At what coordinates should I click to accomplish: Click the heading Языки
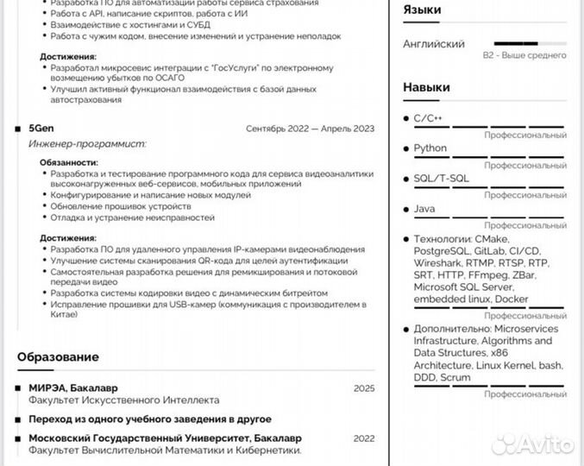[x=422, y=9]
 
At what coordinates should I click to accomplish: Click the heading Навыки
[x=426, y=87]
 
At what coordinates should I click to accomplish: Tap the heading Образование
[x=58, y=357]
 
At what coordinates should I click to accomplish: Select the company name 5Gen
[x=41, y=129]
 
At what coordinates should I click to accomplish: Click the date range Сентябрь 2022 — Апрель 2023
[x=311, y=129]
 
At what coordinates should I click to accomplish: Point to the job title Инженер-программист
[x=87, y=144]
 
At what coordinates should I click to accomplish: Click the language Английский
[x=434, y=44]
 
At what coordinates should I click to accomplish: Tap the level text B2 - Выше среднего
[x=524, y=55]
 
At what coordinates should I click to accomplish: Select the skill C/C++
[x=428, y=117]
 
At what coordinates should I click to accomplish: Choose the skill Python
[x=430, y=148]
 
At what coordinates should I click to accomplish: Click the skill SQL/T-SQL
[x=441, y=179]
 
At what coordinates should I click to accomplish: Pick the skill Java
[x=424, y=209]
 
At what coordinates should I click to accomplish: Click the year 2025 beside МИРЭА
[x=364, y=388]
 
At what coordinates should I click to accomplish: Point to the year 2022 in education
[x=364, y=438]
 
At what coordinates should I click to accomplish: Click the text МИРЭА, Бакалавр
[x=73, y=388]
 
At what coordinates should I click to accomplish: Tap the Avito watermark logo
[x=532, y=444]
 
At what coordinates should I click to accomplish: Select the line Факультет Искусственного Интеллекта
[x=124, y=400]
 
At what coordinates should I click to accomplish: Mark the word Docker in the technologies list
[x=512, y=299]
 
